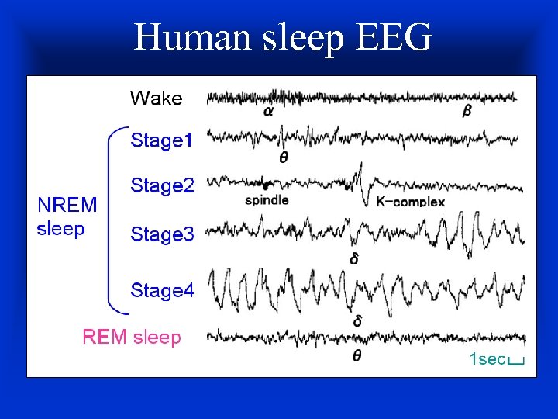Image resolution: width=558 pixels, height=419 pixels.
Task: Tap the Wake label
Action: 156,99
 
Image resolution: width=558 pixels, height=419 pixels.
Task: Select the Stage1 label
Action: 162,140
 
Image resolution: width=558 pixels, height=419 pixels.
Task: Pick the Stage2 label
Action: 162,186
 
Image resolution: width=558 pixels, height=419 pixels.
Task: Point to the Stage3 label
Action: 162,234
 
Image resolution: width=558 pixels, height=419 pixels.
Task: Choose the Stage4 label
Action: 162,290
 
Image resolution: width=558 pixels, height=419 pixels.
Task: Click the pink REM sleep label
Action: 132,338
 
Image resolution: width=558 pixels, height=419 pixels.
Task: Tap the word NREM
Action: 67,205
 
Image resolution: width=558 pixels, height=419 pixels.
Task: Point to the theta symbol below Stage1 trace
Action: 283,157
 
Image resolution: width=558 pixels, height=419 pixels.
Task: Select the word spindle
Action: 267,200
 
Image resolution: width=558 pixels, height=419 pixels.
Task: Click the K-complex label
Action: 411,202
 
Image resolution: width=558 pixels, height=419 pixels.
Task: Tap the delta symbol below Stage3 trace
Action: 354,258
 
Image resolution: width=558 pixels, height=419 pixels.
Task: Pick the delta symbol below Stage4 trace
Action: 358,320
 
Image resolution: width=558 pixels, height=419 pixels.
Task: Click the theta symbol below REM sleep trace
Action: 356,356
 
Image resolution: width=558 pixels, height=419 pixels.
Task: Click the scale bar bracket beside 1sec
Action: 518,362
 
